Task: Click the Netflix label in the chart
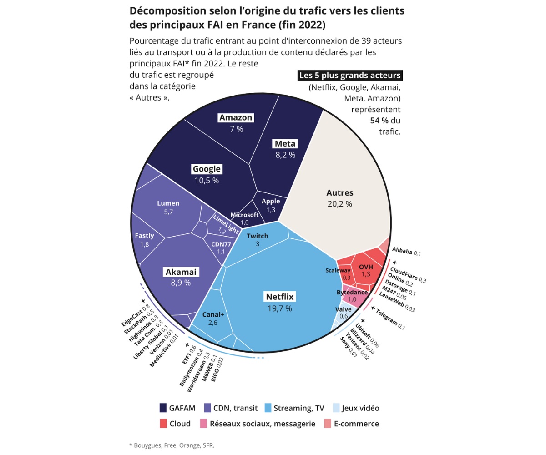coord(279,297)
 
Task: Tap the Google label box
coord(207,169)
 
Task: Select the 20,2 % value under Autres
coord(340,204)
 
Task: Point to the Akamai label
coord(181,272)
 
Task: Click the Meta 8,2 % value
coord(285,155)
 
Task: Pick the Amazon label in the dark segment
coord(236,118)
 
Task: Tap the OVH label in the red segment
coord(366,267)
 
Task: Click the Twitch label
coord(258,236)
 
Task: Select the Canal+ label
coord(213,314)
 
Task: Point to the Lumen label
coord(168,203)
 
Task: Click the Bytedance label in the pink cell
coord(352,293)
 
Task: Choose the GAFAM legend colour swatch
coord(163,408)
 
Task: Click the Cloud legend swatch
coord(163,424)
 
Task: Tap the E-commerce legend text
coord(356,424)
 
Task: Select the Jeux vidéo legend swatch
coord(336,408)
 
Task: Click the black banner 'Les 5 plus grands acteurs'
coord(350,76)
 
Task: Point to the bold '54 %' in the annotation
coord(379,121)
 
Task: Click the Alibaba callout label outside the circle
coord(406,252)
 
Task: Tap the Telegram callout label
coord(388,318)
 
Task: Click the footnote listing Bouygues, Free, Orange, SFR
coord(172,445)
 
